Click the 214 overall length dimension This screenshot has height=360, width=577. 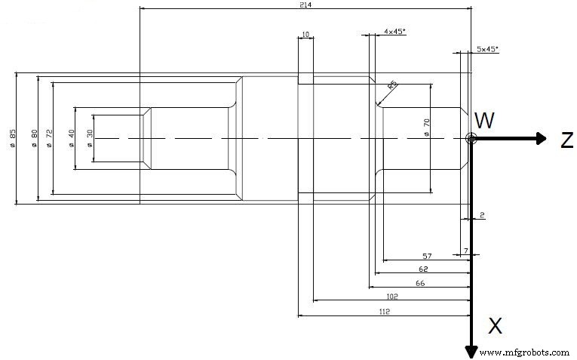click(305, 5)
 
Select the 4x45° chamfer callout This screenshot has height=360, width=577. click(394, 32)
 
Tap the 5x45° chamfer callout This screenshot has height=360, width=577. click(487, 49)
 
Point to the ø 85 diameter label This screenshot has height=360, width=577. click(13, 138)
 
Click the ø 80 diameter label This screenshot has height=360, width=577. click(34, 138)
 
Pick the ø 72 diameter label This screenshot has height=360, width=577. click(49, 138)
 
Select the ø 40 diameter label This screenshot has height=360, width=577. click(71, 138)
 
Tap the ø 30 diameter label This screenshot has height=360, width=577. click(90, 138)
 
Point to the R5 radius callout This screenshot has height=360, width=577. click(392, 86)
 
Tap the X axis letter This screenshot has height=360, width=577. click(495, 326)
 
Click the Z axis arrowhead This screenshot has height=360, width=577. click(539, 138)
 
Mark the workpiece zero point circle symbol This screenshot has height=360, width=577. click(471, 138)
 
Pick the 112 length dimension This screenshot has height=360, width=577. click(384, 312)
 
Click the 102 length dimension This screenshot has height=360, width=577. click(391, 296)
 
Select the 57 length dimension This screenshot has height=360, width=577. click(426, 256)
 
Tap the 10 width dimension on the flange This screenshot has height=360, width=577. click(305, 35)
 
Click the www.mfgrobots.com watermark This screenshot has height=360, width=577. click(524, 352)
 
